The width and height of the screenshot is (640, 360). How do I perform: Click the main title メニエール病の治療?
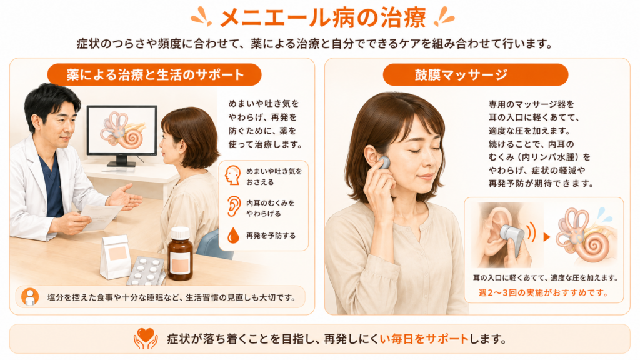(322, 18)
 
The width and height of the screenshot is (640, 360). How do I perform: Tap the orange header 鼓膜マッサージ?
(476, 75)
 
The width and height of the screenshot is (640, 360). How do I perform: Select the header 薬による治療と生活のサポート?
(155, 75)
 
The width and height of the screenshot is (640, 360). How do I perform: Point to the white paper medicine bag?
(116, 256)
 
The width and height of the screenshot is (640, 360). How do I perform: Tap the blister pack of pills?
(146, 271)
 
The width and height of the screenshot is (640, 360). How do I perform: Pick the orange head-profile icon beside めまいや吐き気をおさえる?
(232, 176)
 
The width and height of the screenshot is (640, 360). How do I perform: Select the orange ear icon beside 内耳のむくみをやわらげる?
(234, 206)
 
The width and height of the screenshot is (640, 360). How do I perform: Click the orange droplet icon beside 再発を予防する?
(234, 236)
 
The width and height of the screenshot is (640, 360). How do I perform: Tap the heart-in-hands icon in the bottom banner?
(146, 338)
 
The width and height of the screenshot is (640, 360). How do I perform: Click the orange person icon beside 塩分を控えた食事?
(30, 297)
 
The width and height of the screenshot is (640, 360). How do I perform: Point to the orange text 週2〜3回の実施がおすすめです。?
(544, 292)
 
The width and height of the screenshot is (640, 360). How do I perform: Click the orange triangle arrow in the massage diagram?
(547, 237)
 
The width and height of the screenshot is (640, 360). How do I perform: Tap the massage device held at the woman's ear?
(383, 162)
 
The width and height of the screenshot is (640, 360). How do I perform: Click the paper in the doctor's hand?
(100, 216)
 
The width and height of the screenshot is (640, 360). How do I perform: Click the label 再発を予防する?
(271, 236)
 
